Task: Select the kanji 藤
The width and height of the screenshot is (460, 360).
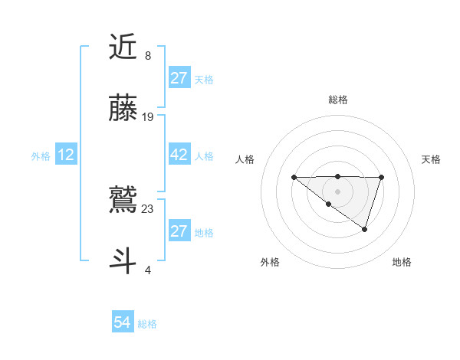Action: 124,109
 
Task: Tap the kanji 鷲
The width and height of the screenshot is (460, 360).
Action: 124,199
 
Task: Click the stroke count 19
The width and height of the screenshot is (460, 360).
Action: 148,117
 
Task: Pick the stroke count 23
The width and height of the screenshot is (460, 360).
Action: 148,208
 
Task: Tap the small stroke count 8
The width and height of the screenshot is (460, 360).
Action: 148,55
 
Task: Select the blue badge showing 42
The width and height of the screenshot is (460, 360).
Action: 179,155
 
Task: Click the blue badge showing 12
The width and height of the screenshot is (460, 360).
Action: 66,155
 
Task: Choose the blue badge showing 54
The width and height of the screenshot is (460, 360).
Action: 123,322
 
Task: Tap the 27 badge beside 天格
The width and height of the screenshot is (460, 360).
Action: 179,78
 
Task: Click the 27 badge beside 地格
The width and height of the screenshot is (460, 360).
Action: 179,231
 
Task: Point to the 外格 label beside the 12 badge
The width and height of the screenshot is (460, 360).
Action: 41,156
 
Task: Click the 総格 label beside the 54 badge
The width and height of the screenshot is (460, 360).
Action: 147,324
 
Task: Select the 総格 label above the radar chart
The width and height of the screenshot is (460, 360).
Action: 337,100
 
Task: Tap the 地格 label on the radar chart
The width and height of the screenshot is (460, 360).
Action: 402,262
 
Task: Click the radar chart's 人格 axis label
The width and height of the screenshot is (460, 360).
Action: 245,159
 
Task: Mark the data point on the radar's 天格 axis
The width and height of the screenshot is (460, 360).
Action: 381,178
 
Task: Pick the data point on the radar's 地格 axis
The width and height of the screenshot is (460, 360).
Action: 365,229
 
